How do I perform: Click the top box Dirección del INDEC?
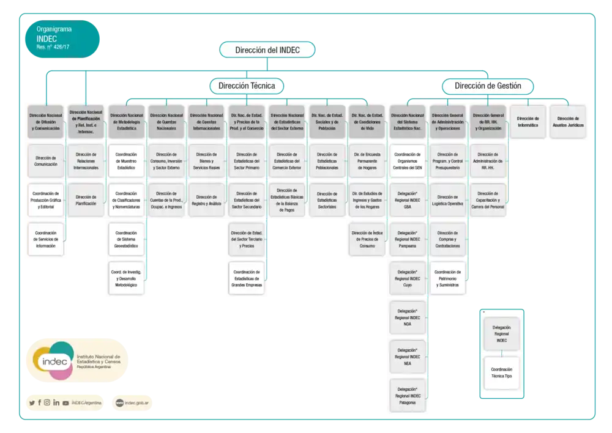pos(267,50)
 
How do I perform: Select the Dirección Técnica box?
pos(247,86)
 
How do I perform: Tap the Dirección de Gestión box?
pos(488,86)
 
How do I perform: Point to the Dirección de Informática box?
pos(528,121)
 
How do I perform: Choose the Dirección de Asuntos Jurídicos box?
pos(567,121)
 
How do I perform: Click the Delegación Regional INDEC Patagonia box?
pos(408,396)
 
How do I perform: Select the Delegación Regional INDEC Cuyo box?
pos(408,278)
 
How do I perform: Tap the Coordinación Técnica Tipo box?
pos(501,372)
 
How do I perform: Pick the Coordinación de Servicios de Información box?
pos(46,239)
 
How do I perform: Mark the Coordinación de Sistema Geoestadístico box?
pos(126,239)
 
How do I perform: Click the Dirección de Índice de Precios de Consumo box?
pos(367,239)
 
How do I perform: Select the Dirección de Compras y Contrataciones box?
pos(448,239)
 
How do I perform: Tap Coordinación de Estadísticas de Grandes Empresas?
pos(247,278)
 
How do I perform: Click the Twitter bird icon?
pos(32,402)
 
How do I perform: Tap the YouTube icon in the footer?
pos(65,402)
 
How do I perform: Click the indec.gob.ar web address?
pos(140,402)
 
